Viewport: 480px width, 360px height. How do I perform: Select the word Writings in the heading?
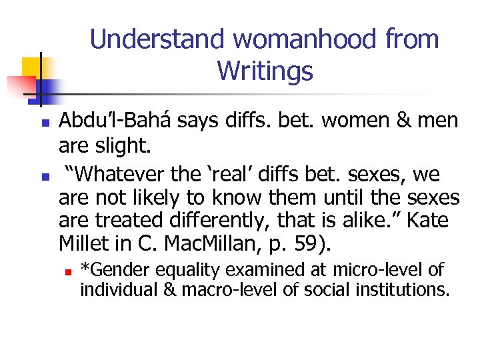point(265,70)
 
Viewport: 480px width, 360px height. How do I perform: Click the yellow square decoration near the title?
point(32,67)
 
